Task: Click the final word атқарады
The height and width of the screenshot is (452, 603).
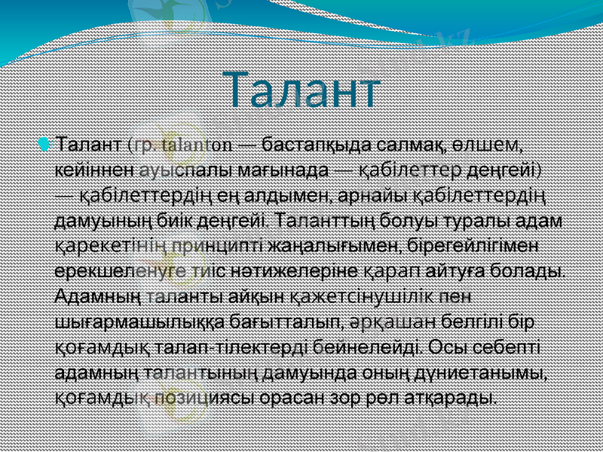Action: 455,399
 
